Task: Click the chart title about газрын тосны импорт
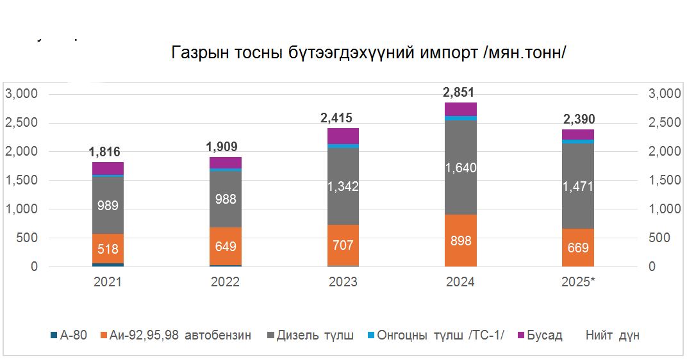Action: tap(368, 53)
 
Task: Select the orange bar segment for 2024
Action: tap(460, 240)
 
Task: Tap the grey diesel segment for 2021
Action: tap(107, 205)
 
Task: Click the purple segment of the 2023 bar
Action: tap(343, 136)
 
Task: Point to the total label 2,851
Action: tap(459, 92)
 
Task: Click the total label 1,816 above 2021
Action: tap(106, 152)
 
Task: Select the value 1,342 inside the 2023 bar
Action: tap(343, 186)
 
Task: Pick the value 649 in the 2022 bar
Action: tap(225, 246)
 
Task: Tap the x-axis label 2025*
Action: tap(577, 282)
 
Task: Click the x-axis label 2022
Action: tap(225, 282)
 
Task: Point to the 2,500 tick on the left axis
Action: tap(22, 123)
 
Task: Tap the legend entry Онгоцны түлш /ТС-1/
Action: tap(436, 336)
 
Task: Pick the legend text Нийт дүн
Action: tap(612, 336)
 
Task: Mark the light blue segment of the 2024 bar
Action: tap(460, 118)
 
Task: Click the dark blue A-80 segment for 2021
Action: tap(107, 265)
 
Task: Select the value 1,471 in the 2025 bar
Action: tap(577, 186)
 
